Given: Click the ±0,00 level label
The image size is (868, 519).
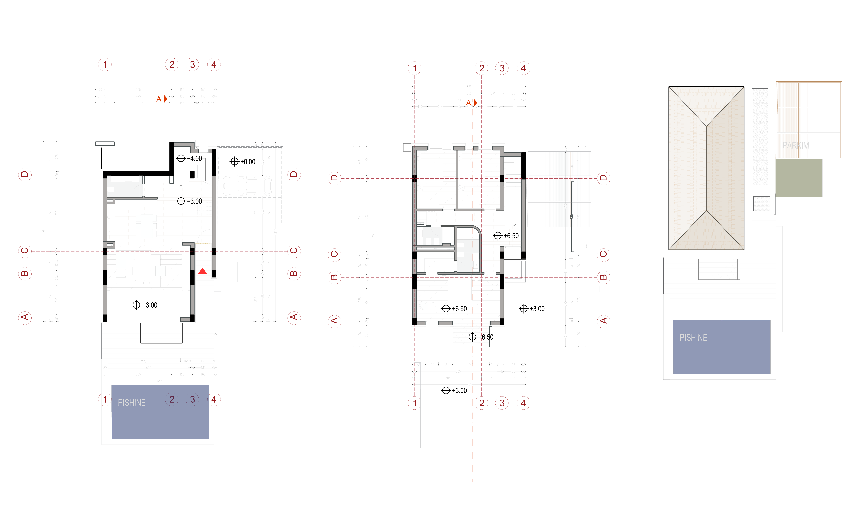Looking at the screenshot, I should point(248,162).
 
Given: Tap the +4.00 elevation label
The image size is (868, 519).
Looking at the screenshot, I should point(195,158).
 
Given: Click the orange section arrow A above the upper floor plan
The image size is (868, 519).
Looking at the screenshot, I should point(475,102).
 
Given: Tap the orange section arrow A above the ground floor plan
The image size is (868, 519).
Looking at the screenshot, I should point(166,99).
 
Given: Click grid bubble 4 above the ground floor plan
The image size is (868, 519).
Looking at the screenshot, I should point(214,64).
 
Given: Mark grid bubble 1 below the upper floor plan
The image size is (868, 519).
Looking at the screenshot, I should point(415,403).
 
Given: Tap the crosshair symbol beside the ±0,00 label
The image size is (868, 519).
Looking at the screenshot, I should point(234,162).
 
